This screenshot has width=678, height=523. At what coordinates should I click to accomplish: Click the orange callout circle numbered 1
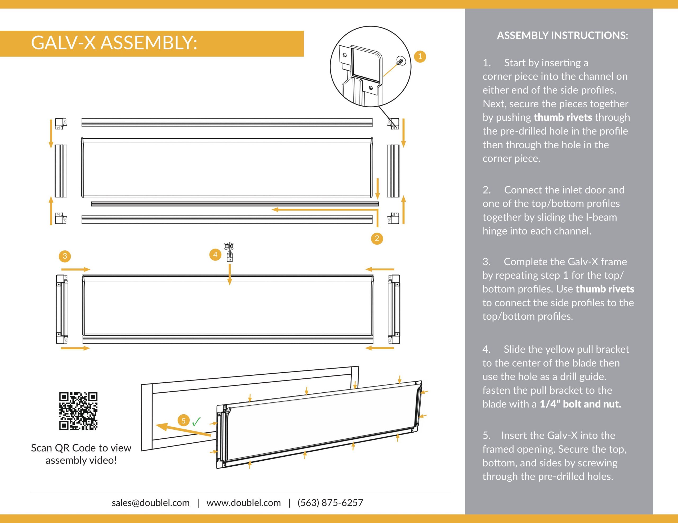click(x=420, y=56)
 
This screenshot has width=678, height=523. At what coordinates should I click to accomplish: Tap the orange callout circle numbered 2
click(x=377, y=238)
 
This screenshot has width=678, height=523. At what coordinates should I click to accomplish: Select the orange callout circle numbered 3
click(x=65, y=256)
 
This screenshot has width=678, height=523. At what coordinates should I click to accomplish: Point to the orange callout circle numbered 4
click(x=215, y=255)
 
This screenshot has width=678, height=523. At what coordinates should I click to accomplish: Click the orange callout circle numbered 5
click(x=184, y=420)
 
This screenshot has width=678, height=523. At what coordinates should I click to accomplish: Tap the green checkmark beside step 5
click(x=196, y=422)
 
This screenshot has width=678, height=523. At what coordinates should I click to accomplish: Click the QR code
click(x=78, y=411)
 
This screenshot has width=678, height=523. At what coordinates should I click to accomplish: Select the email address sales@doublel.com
click(x=150, y=503)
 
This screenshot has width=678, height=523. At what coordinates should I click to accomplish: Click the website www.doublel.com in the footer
click(x=244, y=503)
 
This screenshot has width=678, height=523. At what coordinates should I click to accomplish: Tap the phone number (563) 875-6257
click(x=330, y=503)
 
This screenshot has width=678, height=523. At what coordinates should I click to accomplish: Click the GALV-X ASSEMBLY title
click(x=114, y=43)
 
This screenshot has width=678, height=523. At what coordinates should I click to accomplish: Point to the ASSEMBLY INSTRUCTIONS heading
click(x=563, y=35)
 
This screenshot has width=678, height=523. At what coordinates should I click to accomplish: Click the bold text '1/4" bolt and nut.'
click(x=580, y=404)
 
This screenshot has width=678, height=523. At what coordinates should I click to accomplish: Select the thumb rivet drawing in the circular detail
click(x=400, y=61)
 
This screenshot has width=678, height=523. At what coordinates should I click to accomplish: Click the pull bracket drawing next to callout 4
click(x=229, y=252)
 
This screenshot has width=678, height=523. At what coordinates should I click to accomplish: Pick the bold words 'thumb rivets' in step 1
click(x=563, y=117)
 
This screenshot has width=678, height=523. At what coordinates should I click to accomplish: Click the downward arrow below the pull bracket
click(x=229, y=275)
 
